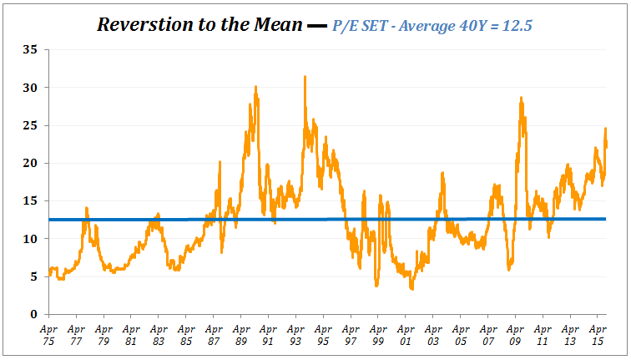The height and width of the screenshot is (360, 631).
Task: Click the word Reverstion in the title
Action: [x=141, y=24]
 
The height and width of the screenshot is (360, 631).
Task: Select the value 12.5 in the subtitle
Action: [x=517, y=26]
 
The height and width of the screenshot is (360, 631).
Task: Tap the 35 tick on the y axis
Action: [x=30, y=50]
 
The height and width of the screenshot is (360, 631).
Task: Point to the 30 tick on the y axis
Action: [x=30, y=88]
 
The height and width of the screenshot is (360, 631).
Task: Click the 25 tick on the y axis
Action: [x=30, y=125]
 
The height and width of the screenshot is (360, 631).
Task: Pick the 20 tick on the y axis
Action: [x=30, y=163]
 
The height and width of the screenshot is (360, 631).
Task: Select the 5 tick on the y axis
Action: [x=33, y=276]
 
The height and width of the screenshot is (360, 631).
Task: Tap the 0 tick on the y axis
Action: [x=33, y=314]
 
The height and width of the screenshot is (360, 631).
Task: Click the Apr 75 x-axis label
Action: [x=49, y=336]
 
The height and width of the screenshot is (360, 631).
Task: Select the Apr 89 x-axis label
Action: [x=240, y=336]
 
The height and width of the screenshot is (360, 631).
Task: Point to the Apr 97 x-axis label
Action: [x=350, y=336]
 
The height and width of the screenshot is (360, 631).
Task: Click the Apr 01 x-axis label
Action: [x=405, y=336]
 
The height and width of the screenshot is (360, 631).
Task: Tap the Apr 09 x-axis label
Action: [x=514, y=336]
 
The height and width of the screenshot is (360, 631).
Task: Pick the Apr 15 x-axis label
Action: [x=596, y=336]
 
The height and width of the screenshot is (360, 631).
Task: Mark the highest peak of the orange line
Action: [x=305, y=77]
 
